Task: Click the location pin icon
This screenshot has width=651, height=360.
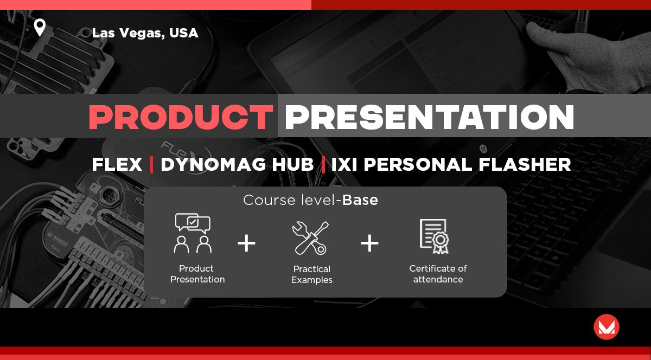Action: (x=40, y=27)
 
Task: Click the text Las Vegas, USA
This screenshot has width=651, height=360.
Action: (x=145, y=33)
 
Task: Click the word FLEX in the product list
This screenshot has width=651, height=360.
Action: (x=117, y=164)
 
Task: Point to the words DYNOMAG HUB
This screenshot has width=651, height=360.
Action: (x=237, y=164)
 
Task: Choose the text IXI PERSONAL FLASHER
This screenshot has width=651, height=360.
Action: (x=451, y=164)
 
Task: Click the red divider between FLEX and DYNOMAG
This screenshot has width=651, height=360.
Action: (x=151, y=164)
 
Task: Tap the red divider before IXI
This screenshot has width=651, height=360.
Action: (x=323, y=164)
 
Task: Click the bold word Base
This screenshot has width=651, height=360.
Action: (x=360, y=200)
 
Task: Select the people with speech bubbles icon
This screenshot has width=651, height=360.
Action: (x=193, y=233)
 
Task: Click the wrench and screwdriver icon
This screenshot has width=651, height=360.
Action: (x=310, y=238)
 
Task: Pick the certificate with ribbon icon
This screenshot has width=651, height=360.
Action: (x=434, y=236)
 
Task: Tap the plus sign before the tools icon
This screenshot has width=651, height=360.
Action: (x=246, y=243)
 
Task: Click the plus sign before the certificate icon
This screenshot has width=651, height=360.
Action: (x=369, y=243)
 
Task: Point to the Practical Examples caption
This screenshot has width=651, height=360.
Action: (x=312, y=274)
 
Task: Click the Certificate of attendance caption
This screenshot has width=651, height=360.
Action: (x=438, y=274)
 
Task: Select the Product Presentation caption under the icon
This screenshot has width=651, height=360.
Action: (x=197, y=274)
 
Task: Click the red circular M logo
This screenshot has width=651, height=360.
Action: (x=607, y=327)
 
